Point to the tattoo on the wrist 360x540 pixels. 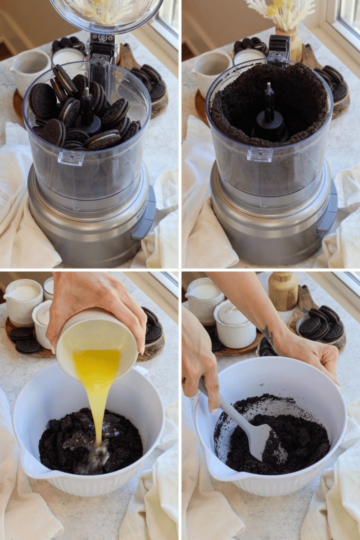[268, 335]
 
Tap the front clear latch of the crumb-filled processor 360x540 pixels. [260, 153]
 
